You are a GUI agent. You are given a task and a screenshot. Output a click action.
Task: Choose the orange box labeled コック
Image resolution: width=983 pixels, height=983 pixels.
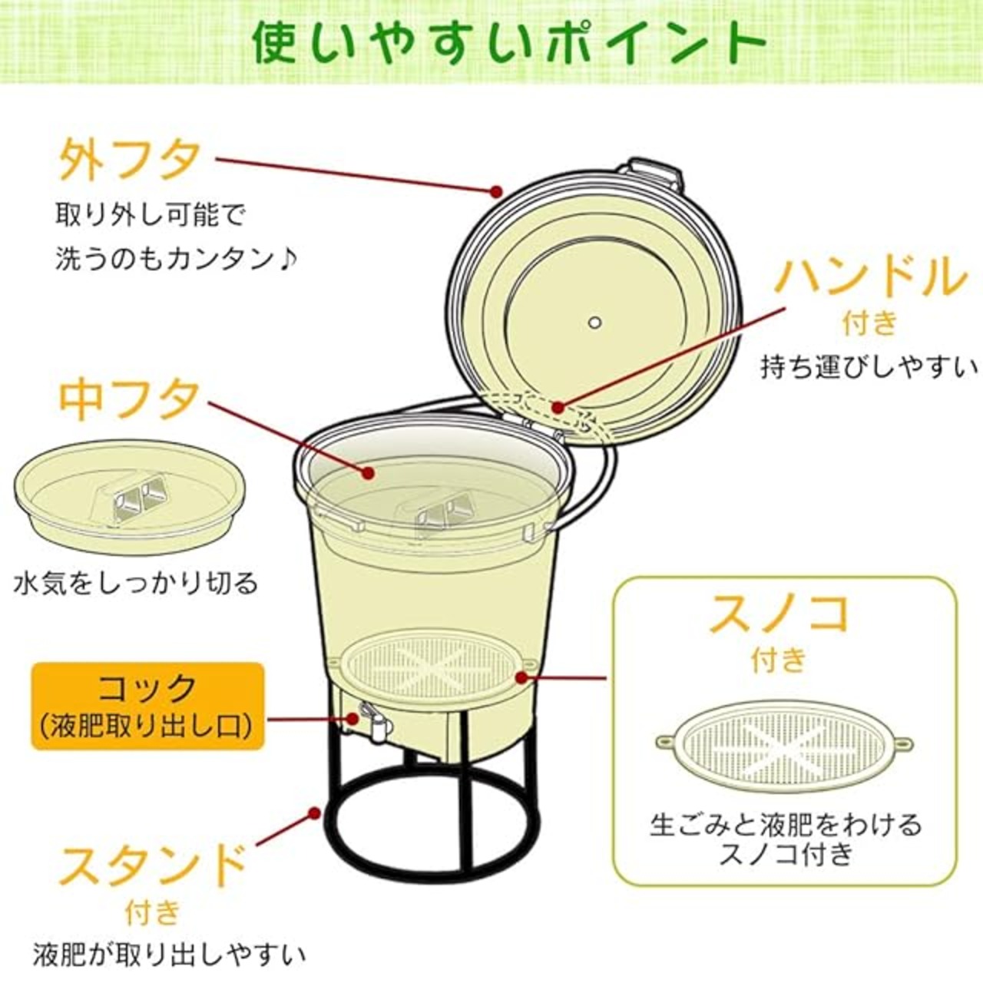point(148,706)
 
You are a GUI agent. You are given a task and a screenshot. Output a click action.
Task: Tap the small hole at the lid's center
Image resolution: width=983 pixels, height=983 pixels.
point(594,323)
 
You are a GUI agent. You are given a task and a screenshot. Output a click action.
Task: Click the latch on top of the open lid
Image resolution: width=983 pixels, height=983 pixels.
point(656,176)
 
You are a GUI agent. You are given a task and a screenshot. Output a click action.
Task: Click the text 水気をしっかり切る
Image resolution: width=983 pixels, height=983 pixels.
point(136,584)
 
